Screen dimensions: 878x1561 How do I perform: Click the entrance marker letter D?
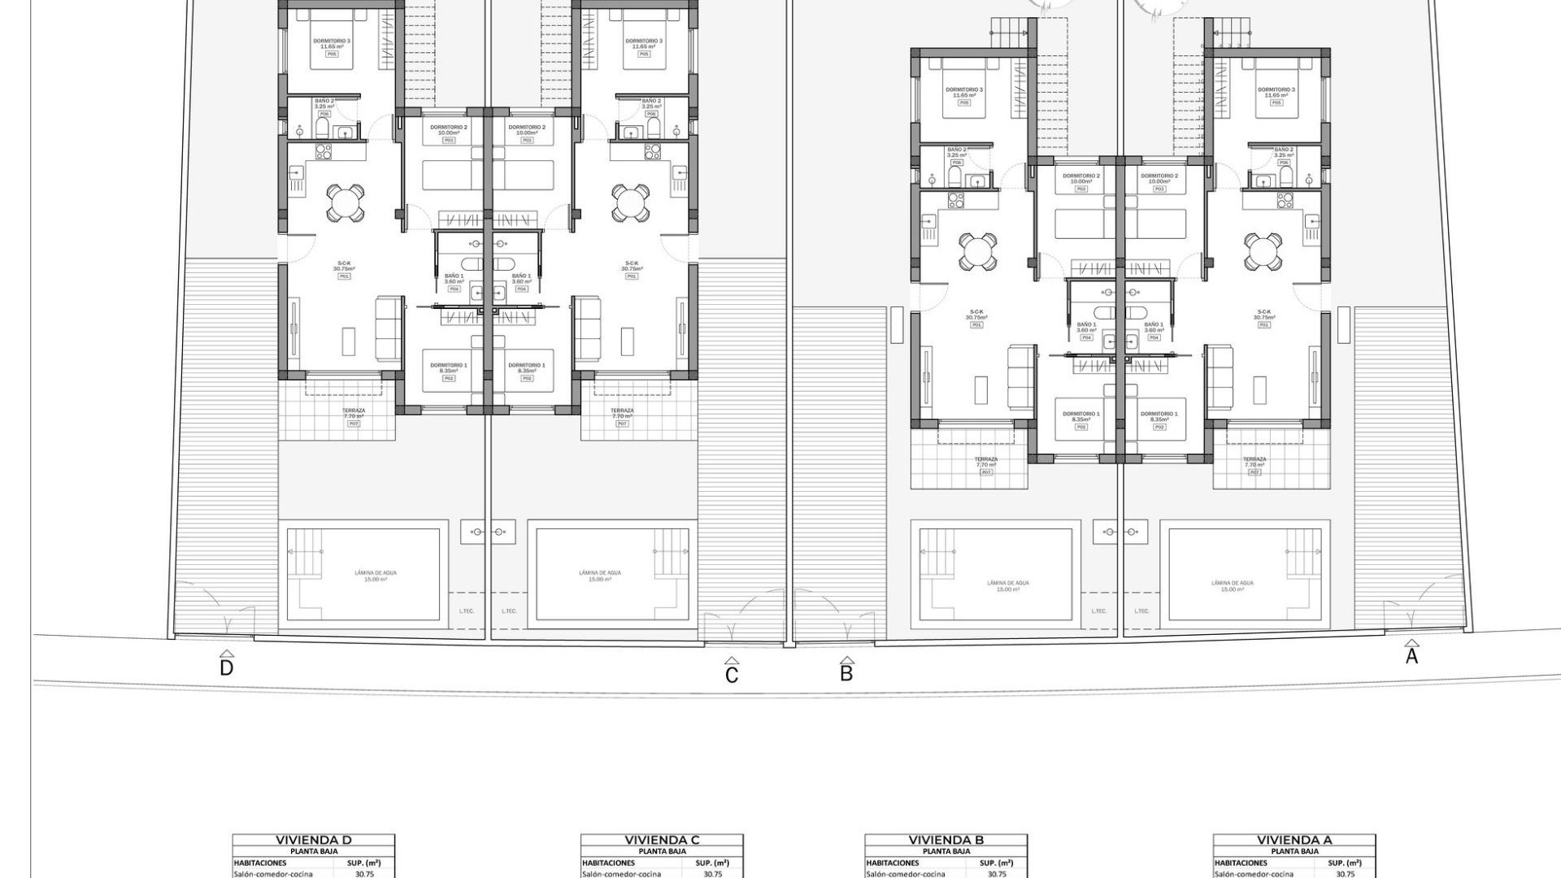pyautogui.click(x=227, y=667)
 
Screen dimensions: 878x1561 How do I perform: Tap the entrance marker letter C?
pyautogui.click(x=732, y=675)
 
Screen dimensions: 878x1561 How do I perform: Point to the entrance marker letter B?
pyautogui.click(x=846, y=673)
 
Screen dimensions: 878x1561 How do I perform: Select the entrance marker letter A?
pyautogui.click(x=1411, y=656)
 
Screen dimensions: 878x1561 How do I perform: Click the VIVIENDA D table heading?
pyautogui.click(x=313, y=840)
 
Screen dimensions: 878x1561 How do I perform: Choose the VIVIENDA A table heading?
pyautogui.click(x=1294, y=840)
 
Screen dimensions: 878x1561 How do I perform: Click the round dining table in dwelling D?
pyautogui.click(x=346, y=202)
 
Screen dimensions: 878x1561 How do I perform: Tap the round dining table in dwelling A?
pyautogui.click(x=1262, y=251)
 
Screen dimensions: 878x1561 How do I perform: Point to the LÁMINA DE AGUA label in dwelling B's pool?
pyautogui.click(x=1008, y=583)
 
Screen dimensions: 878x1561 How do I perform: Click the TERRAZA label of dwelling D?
pyautogui.click(x=354, y=411)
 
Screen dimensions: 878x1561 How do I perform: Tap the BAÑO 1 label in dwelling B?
pyautogui.click(x=1086, y=324)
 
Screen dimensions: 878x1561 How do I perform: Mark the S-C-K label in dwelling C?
pyautogui.click(x=631, y=263)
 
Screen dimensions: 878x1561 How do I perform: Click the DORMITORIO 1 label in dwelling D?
pyautogui.click(x=449, y=365)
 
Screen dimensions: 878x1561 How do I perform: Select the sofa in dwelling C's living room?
pyautogui.click(x=587, y=329)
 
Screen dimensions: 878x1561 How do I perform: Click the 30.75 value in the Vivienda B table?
pyautogui.click(x=997, y=874)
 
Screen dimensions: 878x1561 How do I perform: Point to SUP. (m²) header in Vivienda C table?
pyautogui.click(x=712, y=863)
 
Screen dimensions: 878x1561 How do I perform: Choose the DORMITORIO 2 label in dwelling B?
pyautogui.click(x=1081, y=176)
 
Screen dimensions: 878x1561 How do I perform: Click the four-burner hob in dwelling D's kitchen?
pyautogui.click(x=324, y=151)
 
